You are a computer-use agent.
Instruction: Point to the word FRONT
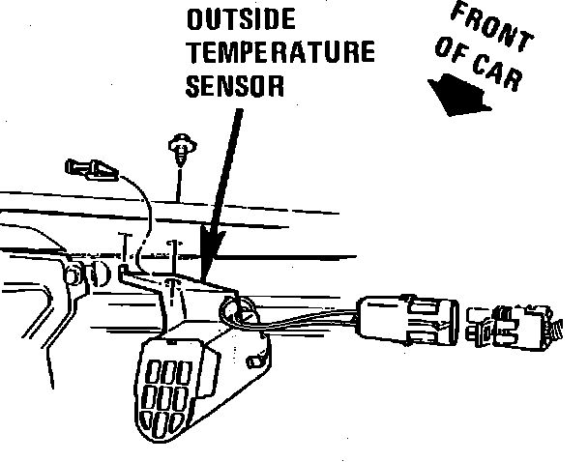click(491, 26)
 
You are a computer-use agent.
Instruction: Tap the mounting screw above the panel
click(179, 150)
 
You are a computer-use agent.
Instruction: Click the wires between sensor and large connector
click(309, 321)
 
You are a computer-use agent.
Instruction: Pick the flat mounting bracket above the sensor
click(184, 286)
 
